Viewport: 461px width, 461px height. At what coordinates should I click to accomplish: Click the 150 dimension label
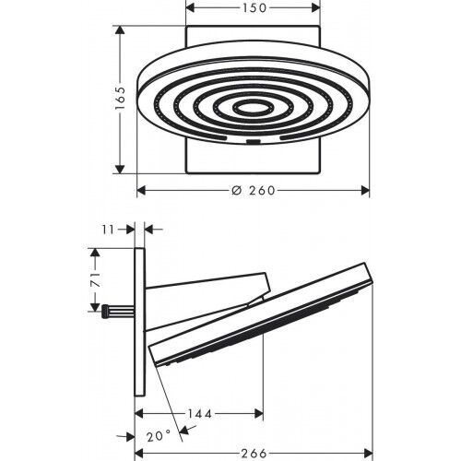tap(254, 8)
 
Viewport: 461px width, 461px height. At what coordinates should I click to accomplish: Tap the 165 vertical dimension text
tap(121, 99)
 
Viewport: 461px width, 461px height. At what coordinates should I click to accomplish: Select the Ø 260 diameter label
tap(253, 191)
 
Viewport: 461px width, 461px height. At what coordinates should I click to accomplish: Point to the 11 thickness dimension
tap(108, 230)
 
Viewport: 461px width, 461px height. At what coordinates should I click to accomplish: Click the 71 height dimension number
tap(96, 279)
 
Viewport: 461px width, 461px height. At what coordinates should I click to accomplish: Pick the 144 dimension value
tap(199, 414)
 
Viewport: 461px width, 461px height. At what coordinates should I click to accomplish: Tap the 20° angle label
tap(159, 437)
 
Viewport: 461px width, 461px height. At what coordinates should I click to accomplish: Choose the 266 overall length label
tap(254, 454)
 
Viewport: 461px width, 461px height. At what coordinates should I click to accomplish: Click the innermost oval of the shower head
tap(253, 108)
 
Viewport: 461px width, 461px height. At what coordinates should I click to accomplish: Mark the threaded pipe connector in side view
tap(117, 310)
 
